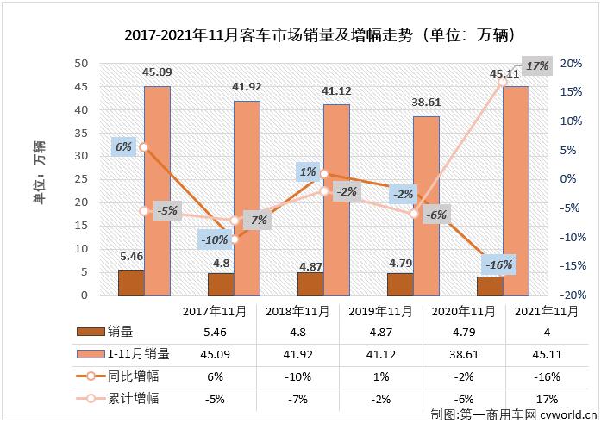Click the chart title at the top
[300, 35]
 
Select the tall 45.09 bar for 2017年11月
[157, 190]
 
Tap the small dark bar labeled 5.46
[131, 283]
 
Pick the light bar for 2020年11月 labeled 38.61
[426, 205]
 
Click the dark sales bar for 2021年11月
[490, 286]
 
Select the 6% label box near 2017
[123, 146]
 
